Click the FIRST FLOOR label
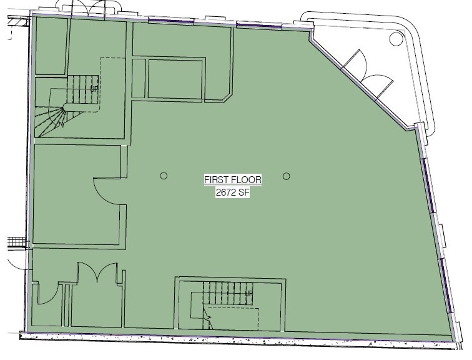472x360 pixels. (x=233, y=180)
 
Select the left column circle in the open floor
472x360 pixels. (x=164, y=176)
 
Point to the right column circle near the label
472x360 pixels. (x=286, y=176)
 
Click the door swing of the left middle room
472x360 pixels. (x=105, y=191)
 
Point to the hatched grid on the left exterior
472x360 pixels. (x=16, y=242)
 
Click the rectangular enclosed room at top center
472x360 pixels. (x=175, y=79)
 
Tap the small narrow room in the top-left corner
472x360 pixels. (x=50, y=45)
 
